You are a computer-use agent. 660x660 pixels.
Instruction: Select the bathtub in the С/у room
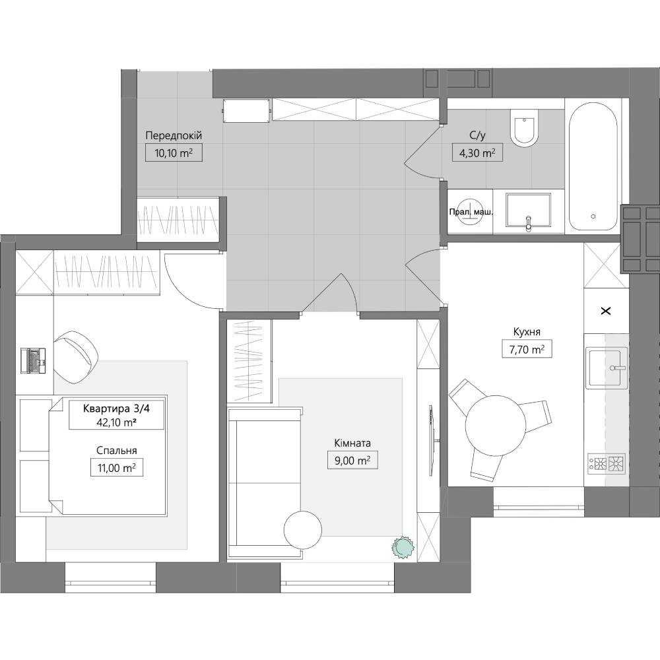[x=593, y=166]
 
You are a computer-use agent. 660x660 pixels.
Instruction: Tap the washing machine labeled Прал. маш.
[x=470, y=212]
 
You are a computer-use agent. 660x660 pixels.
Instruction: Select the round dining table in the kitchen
[x=496, y=425]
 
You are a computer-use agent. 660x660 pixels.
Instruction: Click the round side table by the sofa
[x=303, y=529]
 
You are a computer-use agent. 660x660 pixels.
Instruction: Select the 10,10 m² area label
[x=174, y=153]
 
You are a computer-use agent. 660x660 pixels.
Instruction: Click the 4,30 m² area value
[x=477, y=153]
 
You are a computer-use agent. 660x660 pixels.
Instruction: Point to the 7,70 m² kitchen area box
[x=527, y=349]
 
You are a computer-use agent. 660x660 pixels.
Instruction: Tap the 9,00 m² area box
[x=352, y=461]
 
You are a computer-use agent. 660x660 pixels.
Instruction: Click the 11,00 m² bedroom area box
[x=117, y=468]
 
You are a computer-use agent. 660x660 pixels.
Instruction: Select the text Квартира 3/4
[x=117, y=408]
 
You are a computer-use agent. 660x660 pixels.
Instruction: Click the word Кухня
[x=527, y=332]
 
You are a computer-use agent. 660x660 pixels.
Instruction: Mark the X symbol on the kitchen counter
[x=606, y=312]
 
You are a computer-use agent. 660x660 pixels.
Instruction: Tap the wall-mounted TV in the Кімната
[x=431, y=441]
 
